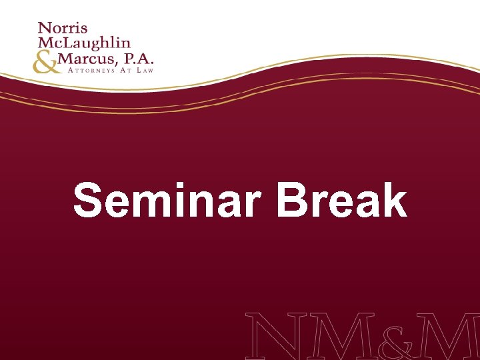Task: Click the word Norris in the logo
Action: [x=63, y=29]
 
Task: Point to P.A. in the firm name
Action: [x=137, y=61]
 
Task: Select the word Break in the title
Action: [x=341, y=202]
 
